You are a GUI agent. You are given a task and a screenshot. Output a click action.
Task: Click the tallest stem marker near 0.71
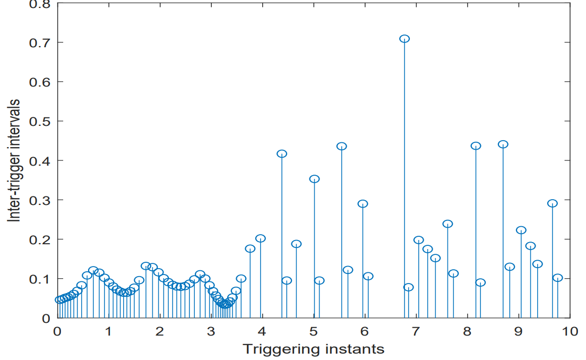(x=404, y=39)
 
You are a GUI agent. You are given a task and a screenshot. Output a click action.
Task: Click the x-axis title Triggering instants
(x=313, y=349)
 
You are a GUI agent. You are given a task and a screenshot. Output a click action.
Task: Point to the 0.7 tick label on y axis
(x=39, y=42)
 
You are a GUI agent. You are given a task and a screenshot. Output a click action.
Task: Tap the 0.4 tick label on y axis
(x=39, y=160)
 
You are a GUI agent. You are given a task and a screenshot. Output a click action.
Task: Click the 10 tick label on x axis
(x=570, y=331)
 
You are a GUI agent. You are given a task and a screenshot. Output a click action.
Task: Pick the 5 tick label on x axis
(x=313, y=331)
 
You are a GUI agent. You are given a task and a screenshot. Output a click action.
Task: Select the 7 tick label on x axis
(x=416, y=331)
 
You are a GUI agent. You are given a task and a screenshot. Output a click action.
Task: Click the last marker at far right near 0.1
(x=557, y=278)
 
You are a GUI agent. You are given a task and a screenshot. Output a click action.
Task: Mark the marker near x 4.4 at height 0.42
(x=282, y=154)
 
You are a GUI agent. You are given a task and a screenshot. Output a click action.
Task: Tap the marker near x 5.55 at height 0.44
(x=342, y=147)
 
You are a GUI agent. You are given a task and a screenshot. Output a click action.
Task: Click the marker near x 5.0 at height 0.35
(x=314, y=179)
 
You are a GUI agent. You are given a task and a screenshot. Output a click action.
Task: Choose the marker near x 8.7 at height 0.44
(x=503, y=144)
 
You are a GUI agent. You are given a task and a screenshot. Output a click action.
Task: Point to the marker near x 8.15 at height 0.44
(x=476, y=146)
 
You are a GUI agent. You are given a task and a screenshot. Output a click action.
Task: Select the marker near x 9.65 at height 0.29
(x=553, y=203)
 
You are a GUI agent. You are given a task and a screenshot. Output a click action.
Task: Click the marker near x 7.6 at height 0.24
(x=447, y=224)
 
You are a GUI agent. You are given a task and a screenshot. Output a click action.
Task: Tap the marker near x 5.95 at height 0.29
(x=363, y=204)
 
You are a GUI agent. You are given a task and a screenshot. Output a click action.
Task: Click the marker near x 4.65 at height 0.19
(x=296, y=244)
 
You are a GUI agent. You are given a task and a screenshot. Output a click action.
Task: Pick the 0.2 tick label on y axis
(x=39, y=239)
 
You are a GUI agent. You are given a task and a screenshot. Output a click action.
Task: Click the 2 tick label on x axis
(x=159, y=331)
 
